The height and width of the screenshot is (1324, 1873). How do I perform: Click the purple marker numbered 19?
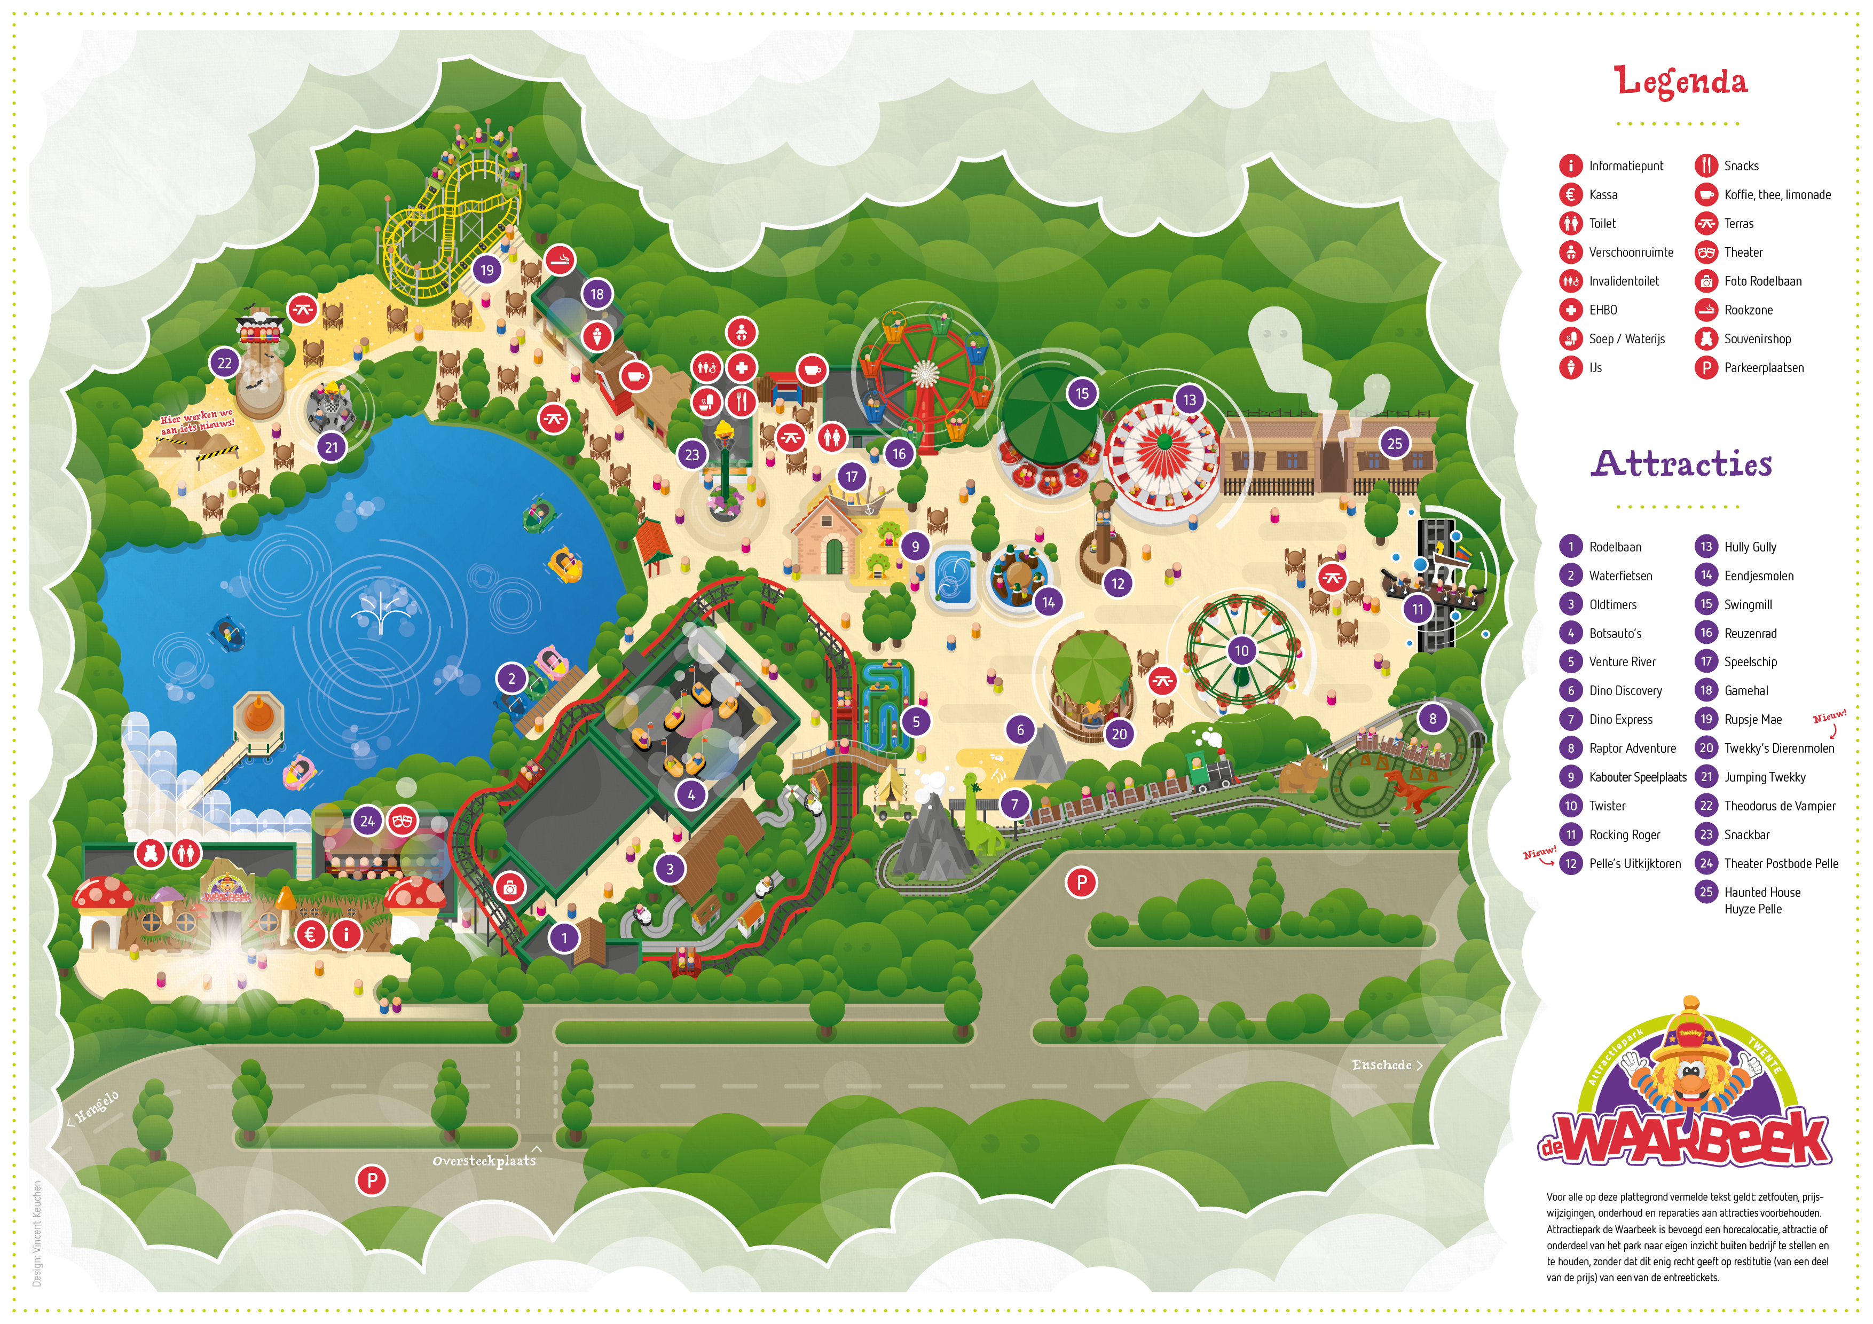click(487, 270)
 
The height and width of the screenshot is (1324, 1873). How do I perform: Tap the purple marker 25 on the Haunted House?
click(1395, 444)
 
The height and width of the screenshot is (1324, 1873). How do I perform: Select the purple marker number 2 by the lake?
click(511, 678)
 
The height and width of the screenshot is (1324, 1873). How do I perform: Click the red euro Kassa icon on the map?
click(310, 934)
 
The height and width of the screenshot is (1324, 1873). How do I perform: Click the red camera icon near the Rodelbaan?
click(510, 888)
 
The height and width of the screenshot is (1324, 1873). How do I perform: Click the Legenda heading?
click(1680, 82)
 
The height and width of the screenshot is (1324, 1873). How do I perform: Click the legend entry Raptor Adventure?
click(1632, 748)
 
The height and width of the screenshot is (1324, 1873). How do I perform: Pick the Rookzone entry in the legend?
click(1748, 310)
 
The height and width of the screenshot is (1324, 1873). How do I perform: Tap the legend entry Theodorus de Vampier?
click(1779, 806)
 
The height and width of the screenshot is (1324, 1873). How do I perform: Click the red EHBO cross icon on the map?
click(742, 368)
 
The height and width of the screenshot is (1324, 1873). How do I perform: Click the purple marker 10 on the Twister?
click(1241, 650)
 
